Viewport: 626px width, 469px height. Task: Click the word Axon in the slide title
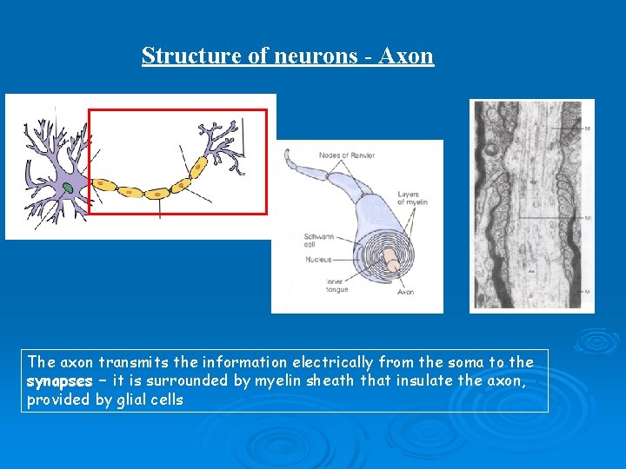click(x=407, y=56)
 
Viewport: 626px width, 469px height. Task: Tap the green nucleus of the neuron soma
click(x=67, y=187)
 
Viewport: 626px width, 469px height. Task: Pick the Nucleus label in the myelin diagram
click(x=318, y=259)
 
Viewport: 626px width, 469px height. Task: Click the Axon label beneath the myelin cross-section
click(x=405, y=292)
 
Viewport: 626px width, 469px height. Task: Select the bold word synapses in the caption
click(x=59, y=381)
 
